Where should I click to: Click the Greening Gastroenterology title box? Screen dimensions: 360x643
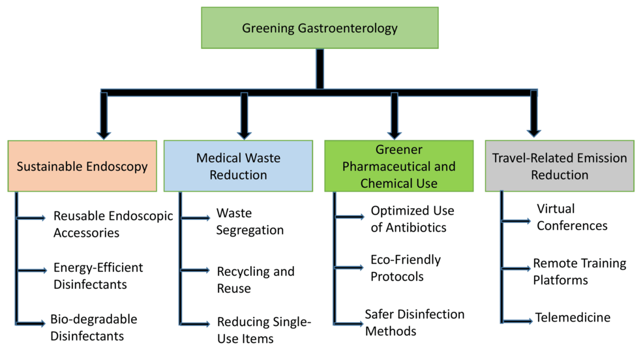click(320, 28)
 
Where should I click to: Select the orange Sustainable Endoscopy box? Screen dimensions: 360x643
click(82, 166)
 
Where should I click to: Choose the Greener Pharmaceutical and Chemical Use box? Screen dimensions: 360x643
click(399, 166)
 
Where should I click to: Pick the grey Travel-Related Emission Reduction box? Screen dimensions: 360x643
click(559, 166)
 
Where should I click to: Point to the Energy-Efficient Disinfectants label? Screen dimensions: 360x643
click(98, 276)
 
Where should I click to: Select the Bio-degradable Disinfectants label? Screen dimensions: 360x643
click(93, 328)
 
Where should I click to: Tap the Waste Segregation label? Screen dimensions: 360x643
click(250, 222)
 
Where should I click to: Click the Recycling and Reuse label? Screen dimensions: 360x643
click(255, 279)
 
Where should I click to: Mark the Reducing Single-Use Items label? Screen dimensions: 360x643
click(264, 330)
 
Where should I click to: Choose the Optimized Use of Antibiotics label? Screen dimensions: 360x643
click(412, 219)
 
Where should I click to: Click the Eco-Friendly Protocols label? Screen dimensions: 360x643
click(405, 267)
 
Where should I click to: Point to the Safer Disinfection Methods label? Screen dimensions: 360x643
click(414, 322)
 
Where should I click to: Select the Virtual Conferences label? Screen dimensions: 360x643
click(572, 217)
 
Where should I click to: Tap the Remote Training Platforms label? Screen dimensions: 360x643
click(579, 271)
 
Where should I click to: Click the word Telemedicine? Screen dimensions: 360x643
click(573, 318)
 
